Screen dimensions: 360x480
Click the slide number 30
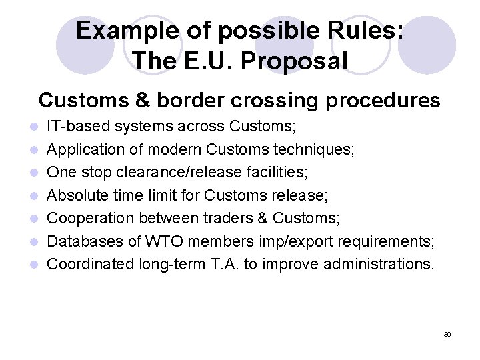pyautogui.click(x=447, y=334)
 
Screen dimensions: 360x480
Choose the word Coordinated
pyautogui.click(x=91, y=265)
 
